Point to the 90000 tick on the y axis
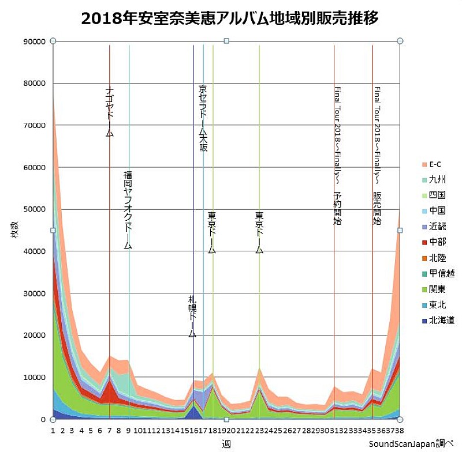point(33,42)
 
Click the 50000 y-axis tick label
point(33,209)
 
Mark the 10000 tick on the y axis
point(33,378)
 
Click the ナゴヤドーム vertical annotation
point(110,112)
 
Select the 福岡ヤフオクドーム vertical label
point(128,210)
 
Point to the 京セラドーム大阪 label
point(203,118)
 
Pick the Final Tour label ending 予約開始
point(337,156)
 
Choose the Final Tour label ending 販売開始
point(377,156)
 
